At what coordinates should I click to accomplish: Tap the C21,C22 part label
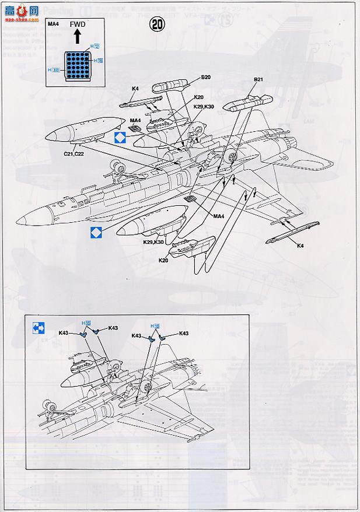(74, 153)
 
